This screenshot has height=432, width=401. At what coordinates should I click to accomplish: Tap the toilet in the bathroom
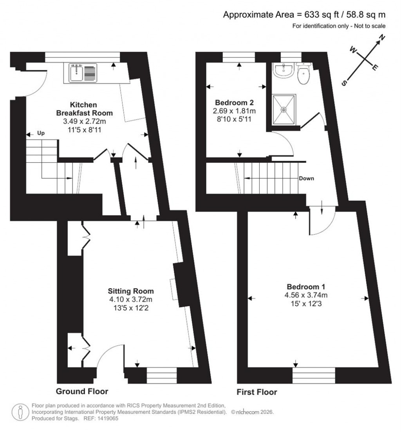303,74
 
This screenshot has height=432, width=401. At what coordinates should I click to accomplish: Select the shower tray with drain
284,109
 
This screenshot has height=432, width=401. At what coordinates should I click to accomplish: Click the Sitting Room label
131,291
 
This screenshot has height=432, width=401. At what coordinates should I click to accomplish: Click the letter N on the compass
381,38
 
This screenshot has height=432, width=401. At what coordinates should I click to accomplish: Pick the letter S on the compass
345,83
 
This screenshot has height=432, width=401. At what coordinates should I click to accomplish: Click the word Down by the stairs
307,178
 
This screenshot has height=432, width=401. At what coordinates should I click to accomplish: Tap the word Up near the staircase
41,133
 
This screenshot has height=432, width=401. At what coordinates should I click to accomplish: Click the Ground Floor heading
82,391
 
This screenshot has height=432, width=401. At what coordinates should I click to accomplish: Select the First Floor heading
257,392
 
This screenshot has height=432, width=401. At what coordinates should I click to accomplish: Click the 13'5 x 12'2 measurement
131,308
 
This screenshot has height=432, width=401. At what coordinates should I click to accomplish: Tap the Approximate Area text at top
304,15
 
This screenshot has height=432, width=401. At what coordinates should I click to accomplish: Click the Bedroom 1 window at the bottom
314,375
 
